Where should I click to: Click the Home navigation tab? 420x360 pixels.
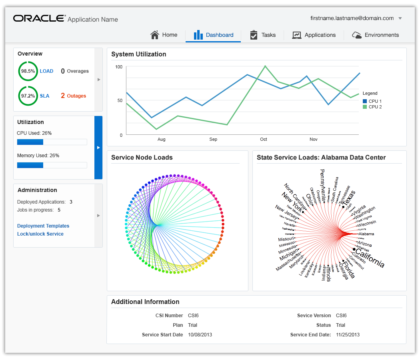164,35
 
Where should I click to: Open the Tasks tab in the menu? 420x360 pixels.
263,35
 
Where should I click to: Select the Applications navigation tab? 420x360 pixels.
314,35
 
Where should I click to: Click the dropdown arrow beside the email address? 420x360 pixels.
400,18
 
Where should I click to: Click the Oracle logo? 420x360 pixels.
39,18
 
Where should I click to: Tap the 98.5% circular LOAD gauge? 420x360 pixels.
28,71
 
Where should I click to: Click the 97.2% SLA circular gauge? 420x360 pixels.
28,96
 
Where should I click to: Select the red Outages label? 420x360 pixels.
76,96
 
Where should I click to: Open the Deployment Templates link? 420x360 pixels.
43,226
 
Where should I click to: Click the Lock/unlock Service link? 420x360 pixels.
40,234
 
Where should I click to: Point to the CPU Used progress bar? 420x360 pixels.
52,142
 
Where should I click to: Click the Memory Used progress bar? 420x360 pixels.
52,165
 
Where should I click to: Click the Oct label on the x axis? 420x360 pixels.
263,139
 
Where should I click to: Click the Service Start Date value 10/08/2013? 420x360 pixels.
200,335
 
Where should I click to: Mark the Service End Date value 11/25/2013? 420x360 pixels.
348,335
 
